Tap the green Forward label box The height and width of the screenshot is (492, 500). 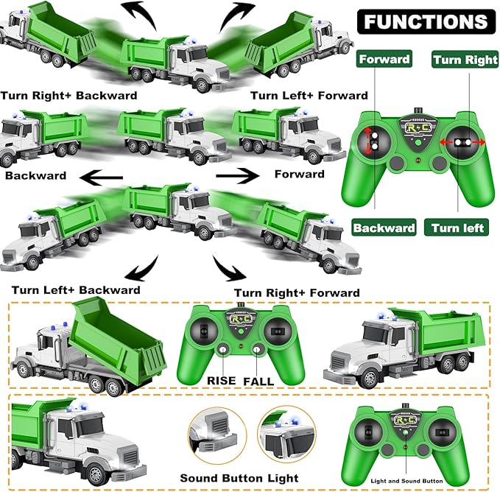[x=384, y=60]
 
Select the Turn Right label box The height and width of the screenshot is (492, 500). [x=465, y=60]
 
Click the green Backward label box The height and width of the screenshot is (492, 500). [x=383, y=228]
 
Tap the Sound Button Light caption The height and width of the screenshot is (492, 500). [x=239, y=478]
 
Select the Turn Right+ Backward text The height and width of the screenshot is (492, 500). [x=68, y=95]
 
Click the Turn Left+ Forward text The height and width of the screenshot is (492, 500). [x=309, y=95]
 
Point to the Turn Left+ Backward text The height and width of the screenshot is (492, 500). [x=76, y=289]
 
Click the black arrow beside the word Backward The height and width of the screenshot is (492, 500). [x=102, y=176]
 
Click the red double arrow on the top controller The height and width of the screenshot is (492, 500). [x=462, y=141]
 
